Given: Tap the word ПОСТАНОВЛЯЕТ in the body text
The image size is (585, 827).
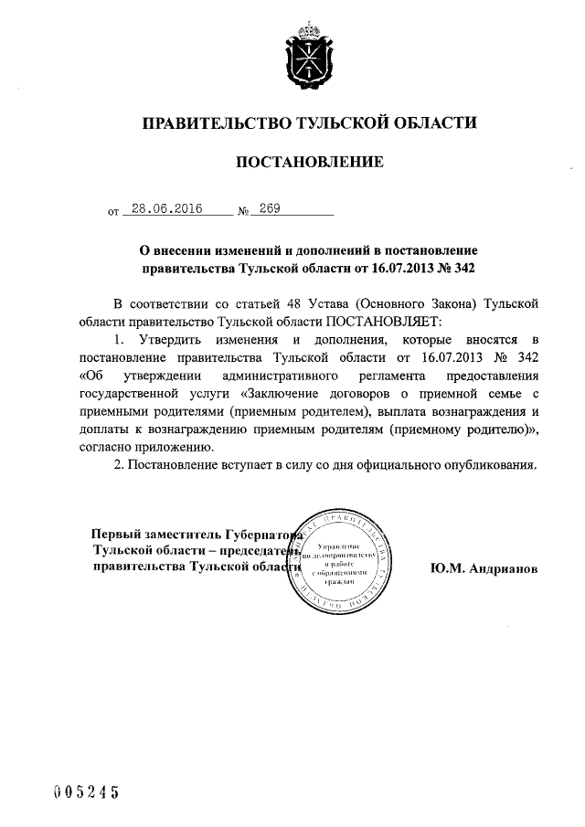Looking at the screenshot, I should (x=383, y=322).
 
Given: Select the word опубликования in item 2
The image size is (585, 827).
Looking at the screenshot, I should (x=484, y=466).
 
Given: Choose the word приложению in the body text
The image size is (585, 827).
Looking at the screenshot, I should (x=179, y=448).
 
